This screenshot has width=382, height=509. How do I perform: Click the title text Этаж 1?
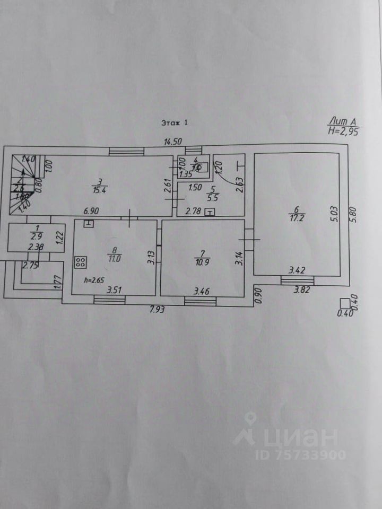tap(175, 122)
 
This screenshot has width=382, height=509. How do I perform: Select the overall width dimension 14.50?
tap(173, 141)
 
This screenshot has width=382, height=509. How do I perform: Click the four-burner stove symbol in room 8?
tap(81, 261)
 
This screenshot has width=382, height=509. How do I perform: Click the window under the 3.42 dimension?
tap(297, 280)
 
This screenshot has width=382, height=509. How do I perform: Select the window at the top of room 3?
tap(127, 151)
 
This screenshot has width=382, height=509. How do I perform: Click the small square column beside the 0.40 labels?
tap(345, 303)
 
